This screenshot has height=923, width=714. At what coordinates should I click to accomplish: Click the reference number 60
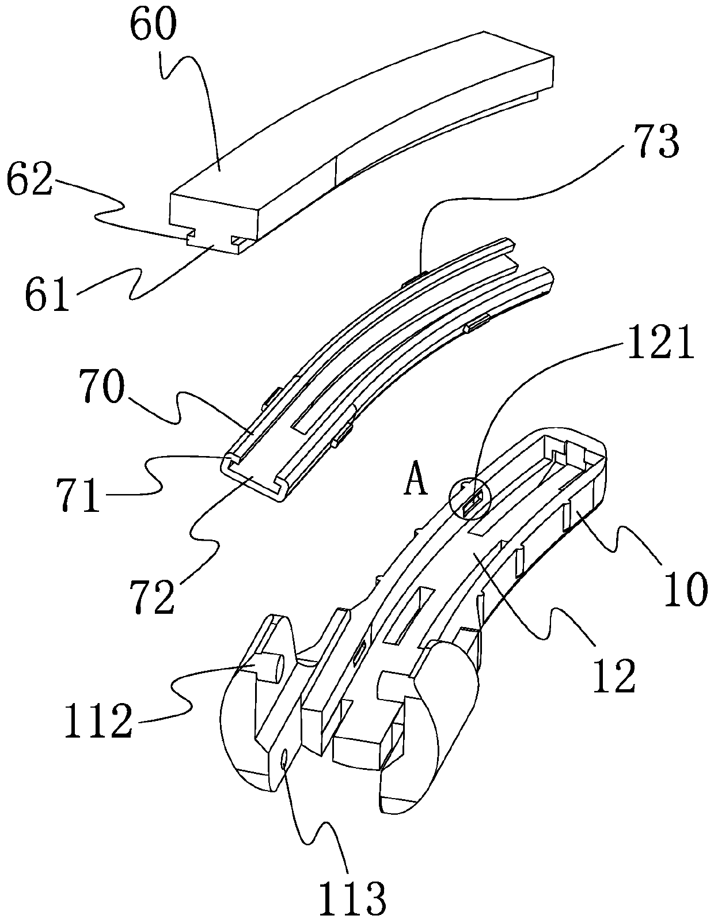tap(153, 26)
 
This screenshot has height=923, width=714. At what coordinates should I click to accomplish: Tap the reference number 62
tap(30, 178)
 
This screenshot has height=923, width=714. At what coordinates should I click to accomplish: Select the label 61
tap(47, 293)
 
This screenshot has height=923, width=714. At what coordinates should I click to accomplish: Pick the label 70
tap(101, 386)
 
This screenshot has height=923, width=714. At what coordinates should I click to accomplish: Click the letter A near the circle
tap(415, 484)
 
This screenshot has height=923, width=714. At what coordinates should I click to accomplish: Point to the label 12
tap(614, 675)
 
